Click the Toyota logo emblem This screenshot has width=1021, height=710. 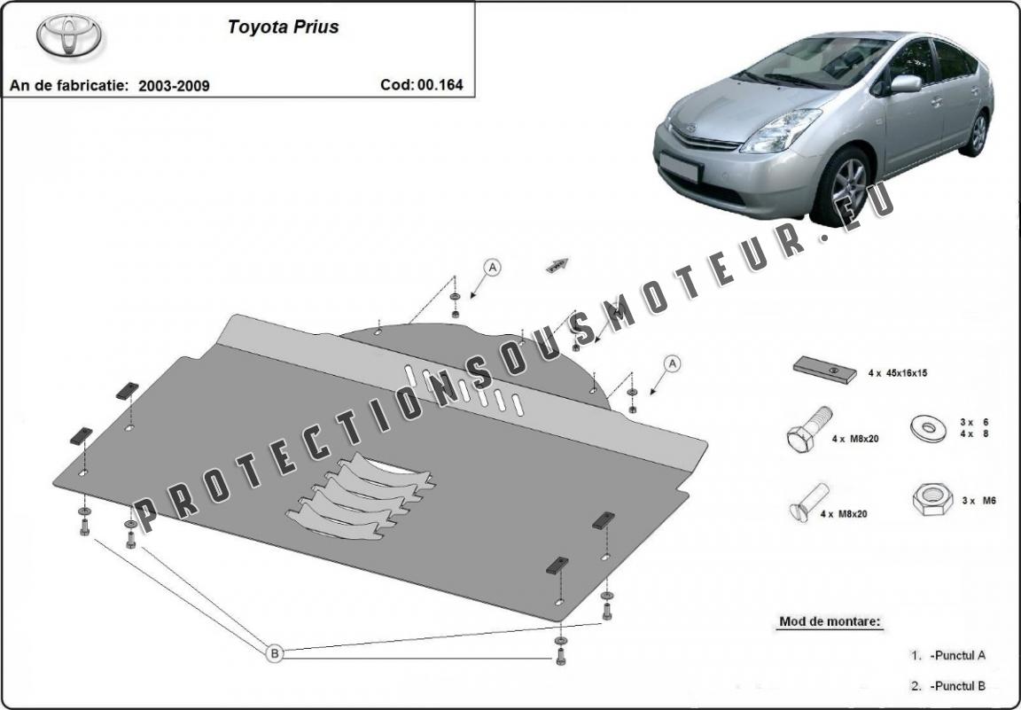(x=69, y=35)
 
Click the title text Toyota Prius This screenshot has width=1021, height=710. (x=283, y=27)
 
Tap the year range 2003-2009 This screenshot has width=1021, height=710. (x=174, y=86)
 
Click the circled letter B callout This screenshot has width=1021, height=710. (x=275, y=652)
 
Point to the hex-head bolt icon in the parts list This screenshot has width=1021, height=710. (x=809, y=429)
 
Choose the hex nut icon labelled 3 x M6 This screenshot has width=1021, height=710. (x=932, y=500)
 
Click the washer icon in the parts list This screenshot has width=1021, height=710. (x=929, y=428)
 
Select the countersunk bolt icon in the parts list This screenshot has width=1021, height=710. (x=808, y=503)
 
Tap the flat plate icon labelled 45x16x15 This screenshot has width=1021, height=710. (x=824, y=370)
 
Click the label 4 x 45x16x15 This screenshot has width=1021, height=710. (x=897, y=373)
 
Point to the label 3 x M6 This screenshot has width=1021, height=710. (x=978, y=501)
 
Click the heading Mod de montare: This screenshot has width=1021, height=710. (x=830, y=621)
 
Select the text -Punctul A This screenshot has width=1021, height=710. (x=957, y=655)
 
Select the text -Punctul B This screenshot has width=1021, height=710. (x=957, y=686)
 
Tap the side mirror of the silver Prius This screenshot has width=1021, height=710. (x=905, y=84)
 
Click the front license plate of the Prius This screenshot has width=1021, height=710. (x=679, y=168)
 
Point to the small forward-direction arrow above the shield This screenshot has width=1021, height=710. (x=557, y=265)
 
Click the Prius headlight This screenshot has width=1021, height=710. (x=779, y=130)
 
